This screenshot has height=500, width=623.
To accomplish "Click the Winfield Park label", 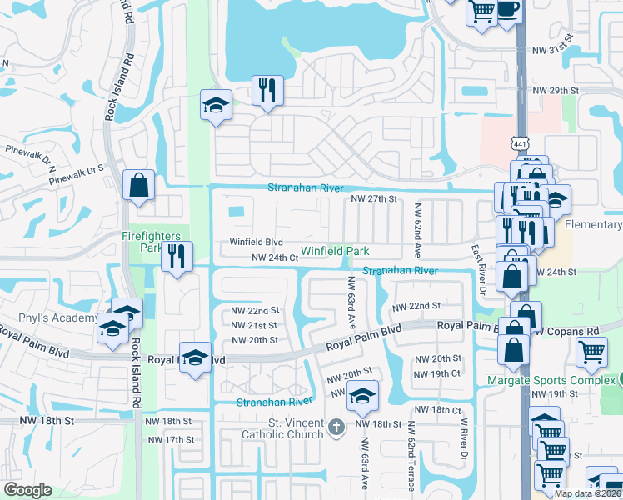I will (x=334, y=250).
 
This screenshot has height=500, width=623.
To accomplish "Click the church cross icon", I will (x=336, y=427).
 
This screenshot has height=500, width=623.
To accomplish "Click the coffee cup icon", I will (x=507, y=11).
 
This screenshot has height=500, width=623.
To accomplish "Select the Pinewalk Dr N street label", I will (x=29, y=155).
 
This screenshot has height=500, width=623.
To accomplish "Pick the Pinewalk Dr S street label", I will (x=76, y=174).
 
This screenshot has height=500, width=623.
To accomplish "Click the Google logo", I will (x=27, y=489).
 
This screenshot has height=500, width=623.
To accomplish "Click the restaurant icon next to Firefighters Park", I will (x=176, y=256).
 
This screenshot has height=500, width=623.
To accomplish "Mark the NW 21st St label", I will (x=254, y=325).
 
